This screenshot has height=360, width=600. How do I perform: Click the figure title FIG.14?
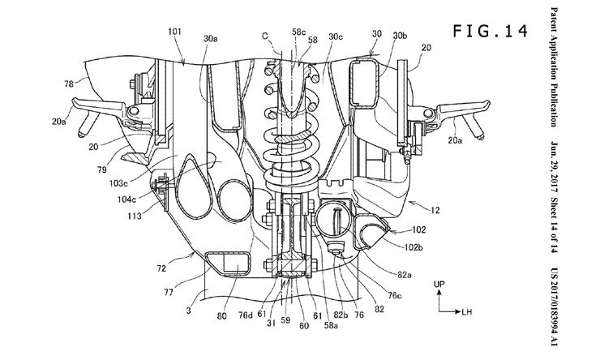tap(491, 31)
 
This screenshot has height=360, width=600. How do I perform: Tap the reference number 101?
tap(174, 32)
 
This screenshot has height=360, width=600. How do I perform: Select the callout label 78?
tap(69, 84)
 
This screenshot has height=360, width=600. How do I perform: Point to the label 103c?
tap(118, 183)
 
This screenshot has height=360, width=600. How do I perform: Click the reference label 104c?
tap(126, 199)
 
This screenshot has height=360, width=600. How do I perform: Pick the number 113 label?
tap(135, 216)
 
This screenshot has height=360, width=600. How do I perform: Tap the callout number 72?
tap(161, 268)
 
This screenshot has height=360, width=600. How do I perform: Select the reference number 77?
tap(169, 293)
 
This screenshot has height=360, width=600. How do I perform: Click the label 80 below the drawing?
tap(222, 316)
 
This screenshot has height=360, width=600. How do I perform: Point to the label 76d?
tap(245, 316)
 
